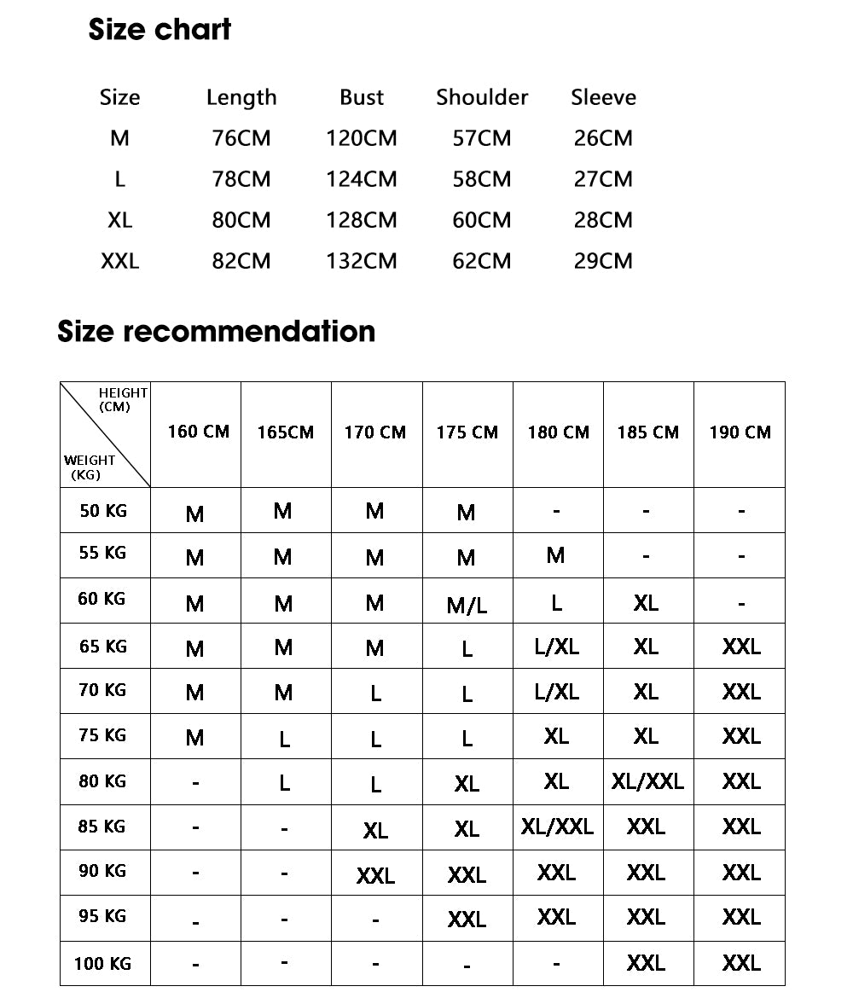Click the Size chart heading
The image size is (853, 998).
(x=160, y=30)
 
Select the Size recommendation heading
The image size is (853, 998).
(x=216, y=331)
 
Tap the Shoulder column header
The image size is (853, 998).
(x=482, y=97)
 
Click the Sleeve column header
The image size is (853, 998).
(x=603, y=97)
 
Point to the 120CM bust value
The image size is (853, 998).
(x=361, y=138)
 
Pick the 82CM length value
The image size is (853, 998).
(x=241, y=261)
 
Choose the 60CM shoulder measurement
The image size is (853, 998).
(x=482, y=220)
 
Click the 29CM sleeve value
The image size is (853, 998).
(x=603, y=261)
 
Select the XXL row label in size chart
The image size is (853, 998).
(x=119, y=261)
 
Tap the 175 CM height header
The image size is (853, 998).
(x=467, y=432)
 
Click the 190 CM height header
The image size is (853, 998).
(x=740, y=432)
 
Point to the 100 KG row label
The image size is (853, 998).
(x=102, y=964)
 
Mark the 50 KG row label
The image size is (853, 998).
(x=103, y=511)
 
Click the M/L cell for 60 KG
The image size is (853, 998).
(x=467, y=606)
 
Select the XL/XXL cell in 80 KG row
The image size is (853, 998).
(x=647, y=781)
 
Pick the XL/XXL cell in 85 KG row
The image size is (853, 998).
(x=557, y=827)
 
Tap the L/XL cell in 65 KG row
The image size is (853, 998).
(x=557, y=647)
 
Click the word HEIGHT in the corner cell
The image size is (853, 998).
(x=124, y=393)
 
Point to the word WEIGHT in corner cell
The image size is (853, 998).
(x=90, y=461)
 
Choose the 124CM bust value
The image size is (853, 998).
(x=361, y=179)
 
